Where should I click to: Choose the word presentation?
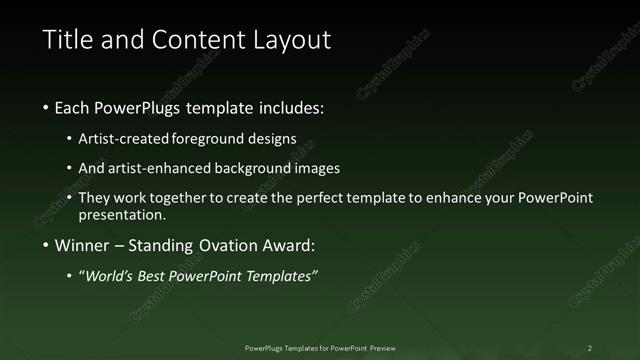pos(122,214)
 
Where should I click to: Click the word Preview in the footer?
pos(381,347)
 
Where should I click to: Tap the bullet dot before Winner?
pos(46,247)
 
